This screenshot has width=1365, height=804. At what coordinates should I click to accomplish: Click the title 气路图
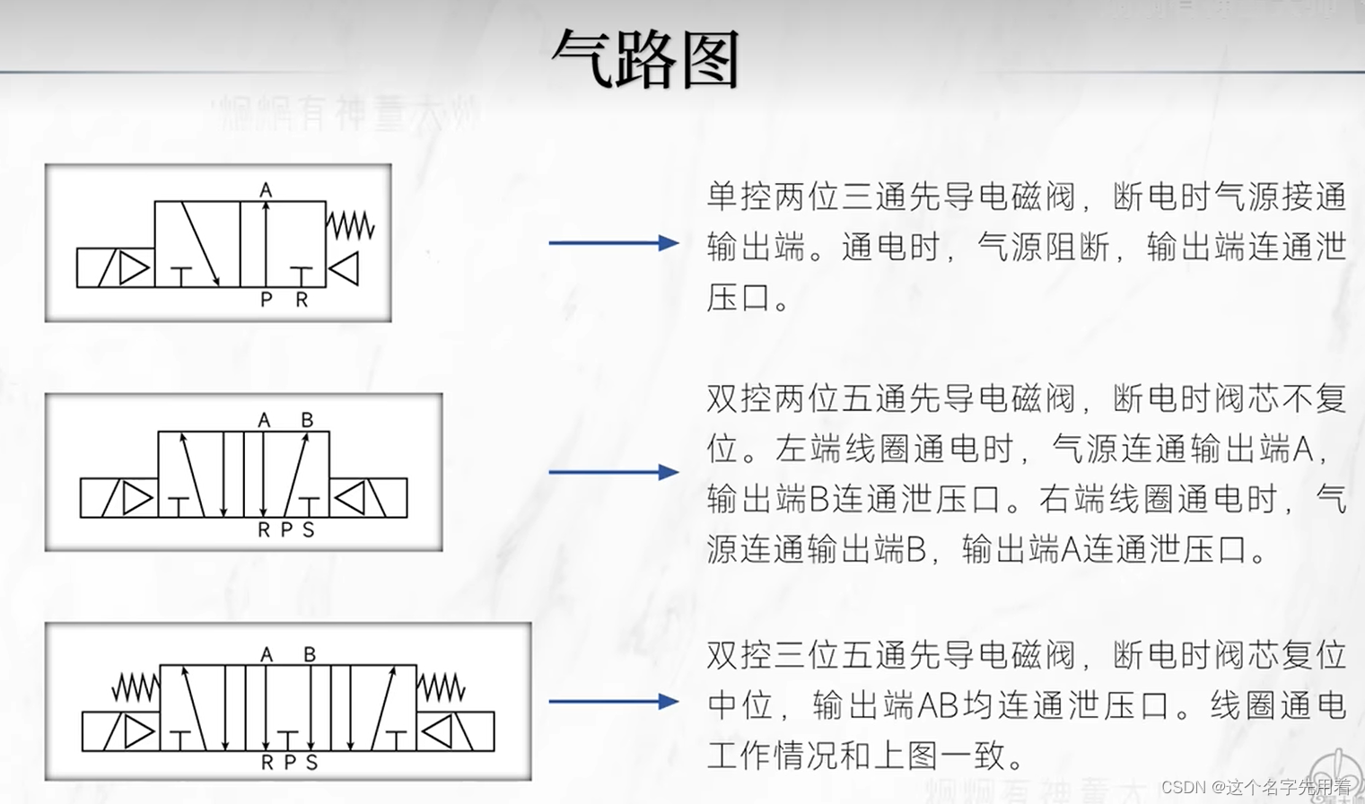645,59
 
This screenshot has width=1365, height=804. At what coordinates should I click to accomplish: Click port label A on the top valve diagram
266,190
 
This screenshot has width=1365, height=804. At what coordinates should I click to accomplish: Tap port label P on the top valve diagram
266,300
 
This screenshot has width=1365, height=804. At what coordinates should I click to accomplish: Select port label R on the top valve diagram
302,300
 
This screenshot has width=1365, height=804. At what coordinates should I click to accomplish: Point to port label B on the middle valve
307,420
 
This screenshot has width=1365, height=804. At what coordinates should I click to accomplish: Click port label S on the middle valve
309,530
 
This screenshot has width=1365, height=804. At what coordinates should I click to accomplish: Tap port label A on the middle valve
264,420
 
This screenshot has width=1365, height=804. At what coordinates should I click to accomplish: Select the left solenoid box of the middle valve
118,498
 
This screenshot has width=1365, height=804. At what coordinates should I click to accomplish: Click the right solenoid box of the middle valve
368,498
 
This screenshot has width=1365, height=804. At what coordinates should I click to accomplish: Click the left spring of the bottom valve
136,687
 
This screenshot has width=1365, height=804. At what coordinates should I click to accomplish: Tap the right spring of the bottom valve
441,687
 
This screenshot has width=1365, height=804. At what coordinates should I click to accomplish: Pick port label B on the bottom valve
310,655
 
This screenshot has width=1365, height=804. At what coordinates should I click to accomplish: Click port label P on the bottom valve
289,763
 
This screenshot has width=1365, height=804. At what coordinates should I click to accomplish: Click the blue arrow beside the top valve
613,242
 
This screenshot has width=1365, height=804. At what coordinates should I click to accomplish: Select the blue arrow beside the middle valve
613,472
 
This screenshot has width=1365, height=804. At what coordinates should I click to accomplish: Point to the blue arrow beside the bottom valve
613,701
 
